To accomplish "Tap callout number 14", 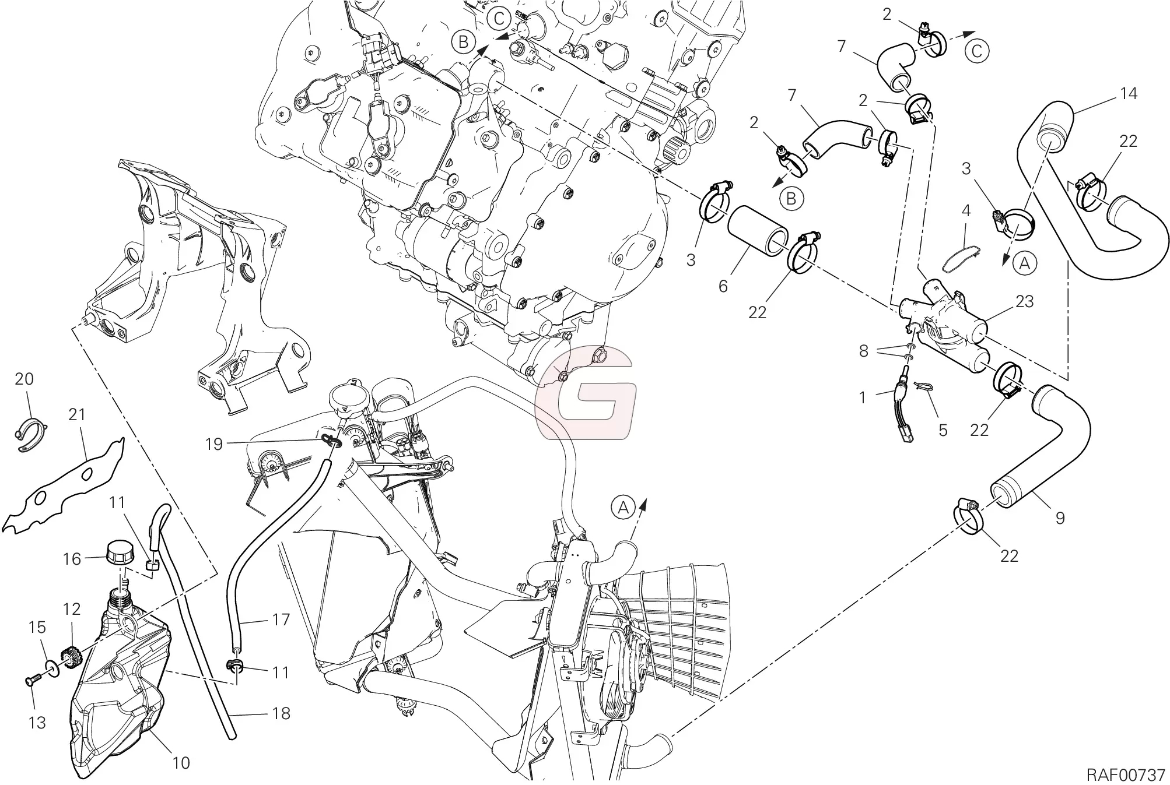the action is tap(1129, 93).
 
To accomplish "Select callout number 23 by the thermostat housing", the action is tap(1024, 301).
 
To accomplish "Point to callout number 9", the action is tap(1060, 518).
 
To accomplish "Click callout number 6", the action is tap(723, 286).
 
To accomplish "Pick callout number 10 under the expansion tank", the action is tap(181, 762).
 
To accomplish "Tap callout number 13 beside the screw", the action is tap(37, 723).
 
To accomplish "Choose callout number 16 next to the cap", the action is tap(72, 559).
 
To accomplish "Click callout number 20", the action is tap(24, 379).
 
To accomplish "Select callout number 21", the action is tap(77, 414).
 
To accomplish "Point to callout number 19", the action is tap(214, 444).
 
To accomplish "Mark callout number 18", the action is tap(281, 713).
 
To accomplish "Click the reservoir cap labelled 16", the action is tap(120, 553).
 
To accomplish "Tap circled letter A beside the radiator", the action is tap(623, 508).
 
